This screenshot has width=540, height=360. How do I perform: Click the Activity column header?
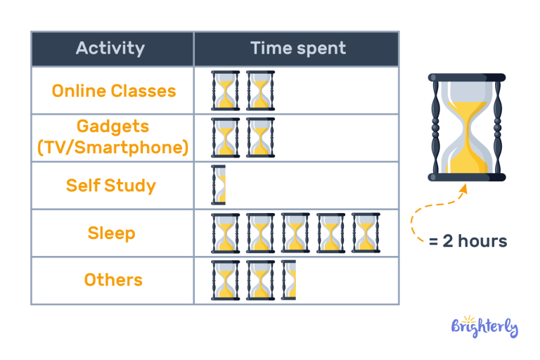pyautogui.click(x=110, y=49)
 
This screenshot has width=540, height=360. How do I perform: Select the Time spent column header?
pyautogui.click(x=298, y=49)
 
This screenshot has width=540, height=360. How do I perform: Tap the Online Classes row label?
pyautogui.click(x=114, y=91)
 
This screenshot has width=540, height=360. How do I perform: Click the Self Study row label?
pyautogui.click(x=111, y=186)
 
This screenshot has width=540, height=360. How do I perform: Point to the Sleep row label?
pyautogui.click(x=112, y=233)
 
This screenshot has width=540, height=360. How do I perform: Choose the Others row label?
pyautogui.click(x=113, y=280)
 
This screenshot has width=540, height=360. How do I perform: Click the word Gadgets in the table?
pyautogui.click(x=113, y=127)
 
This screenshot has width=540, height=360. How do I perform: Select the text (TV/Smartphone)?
pyautogui.click(x=112, y=148)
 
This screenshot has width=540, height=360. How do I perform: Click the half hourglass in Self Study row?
pyautogui.click(x=219, y=186)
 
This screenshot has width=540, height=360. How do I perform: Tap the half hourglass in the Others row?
pyautogui.click(x=289, y=280)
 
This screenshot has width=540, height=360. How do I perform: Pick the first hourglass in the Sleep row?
pyautogui.click(x=226, y=233)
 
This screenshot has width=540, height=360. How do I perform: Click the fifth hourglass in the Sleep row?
pyautogui.click(x=366, y=233)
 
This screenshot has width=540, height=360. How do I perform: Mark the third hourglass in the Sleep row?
pyautogui.click(x=295, y=233)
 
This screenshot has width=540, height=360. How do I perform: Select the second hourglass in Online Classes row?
pyautogui.click(x=261, y=91)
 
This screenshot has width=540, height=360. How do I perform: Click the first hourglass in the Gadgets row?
pyautogui.click(x=226, y=138)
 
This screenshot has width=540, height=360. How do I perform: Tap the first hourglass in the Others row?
pyautogui.click(x=226, y=280)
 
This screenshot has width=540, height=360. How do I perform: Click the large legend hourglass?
pyautogui.click(x=467, y=127)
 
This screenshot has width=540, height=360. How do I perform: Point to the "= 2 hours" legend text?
pyautogui.click(x=468, y=241)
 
